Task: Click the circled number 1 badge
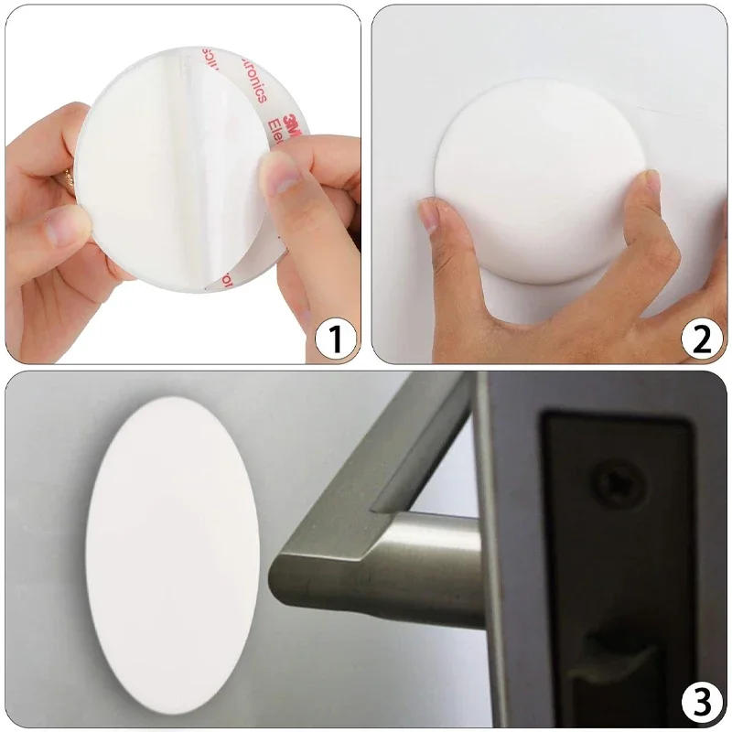click(335, 339)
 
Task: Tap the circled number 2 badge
click(701, 339)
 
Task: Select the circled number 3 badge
click(701, 703)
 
